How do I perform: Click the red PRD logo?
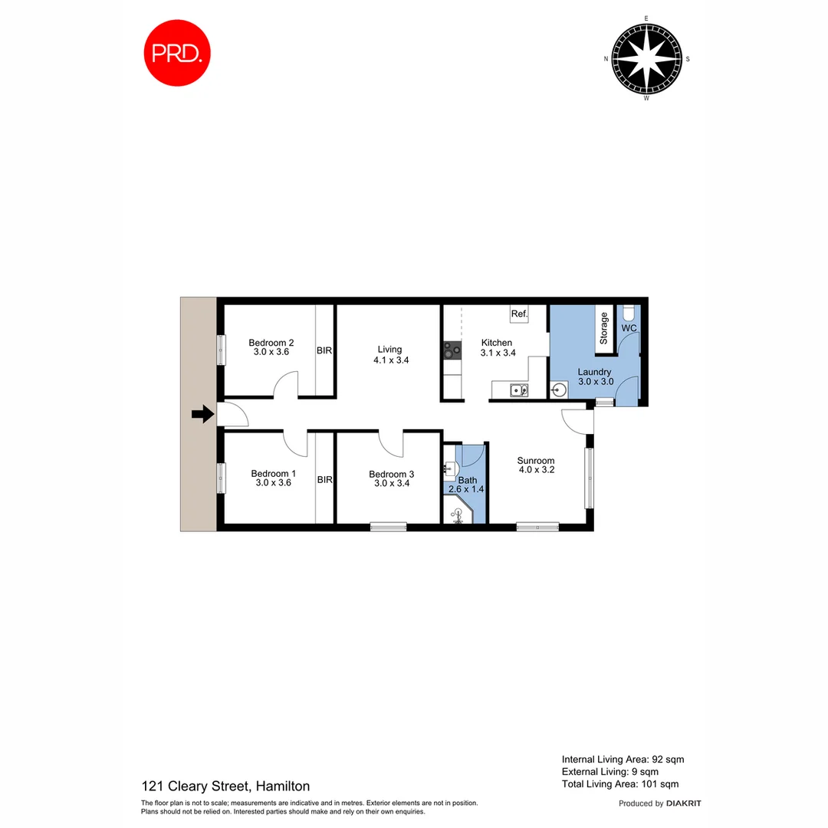[177, 53]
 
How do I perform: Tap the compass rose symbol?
[646, 58]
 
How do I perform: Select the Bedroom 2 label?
[271, 343]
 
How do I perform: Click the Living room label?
[389, 350]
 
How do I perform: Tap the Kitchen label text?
[496, 343]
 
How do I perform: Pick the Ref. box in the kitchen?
[520, 314]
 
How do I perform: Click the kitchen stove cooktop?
[452, 351]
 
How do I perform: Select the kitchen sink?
[519, 390]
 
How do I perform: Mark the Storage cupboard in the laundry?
[604, 328]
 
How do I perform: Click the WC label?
[629, 328]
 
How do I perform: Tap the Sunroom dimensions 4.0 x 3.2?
[535, 470]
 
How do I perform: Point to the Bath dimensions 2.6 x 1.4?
[467, 489]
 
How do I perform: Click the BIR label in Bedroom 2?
[324, 350]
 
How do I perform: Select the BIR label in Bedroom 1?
[324, 480]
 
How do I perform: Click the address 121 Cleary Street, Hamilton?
[225, 786]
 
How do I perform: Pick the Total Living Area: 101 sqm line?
[619, 784]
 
